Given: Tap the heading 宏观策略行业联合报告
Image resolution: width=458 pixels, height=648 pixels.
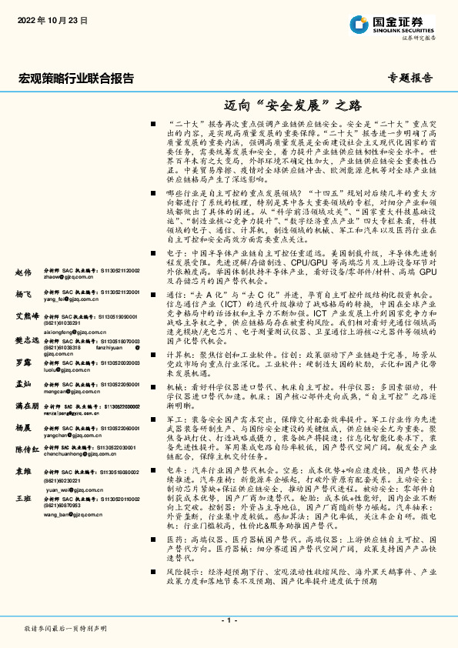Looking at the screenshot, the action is tap(76, 78).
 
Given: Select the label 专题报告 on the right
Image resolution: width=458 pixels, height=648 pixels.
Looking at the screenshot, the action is tap(410, 78).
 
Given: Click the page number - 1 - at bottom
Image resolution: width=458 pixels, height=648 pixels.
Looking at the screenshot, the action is tap(229, 620).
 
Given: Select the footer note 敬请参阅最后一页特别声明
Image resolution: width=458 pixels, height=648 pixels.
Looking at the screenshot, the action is tap(65, 630).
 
